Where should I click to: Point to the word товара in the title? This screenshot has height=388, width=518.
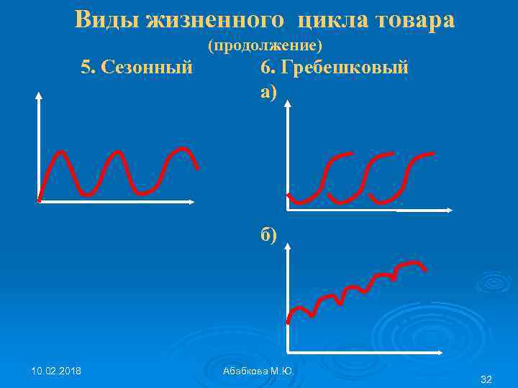(415, 20)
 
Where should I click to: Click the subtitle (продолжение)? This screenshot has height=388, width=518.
(264, 46)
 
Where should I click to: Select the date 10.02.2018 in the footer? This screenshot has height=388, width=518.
(56, 371)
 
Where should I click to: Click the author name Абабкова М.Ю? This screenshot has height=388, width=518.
(259, 371)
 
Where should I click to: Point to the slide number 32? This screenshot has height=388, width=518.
(486, 379)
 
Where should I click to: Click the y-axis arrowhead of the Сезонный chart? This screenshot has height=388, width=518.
(38, 94)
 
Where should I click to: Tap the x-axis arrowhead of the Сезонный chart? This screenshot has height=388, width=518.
(192, 202)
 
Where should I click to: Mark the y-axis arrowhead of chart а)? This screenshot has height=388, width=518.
(288, 103)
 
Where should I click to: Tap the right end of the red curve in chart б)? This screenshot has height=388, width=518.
(426, 269)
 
